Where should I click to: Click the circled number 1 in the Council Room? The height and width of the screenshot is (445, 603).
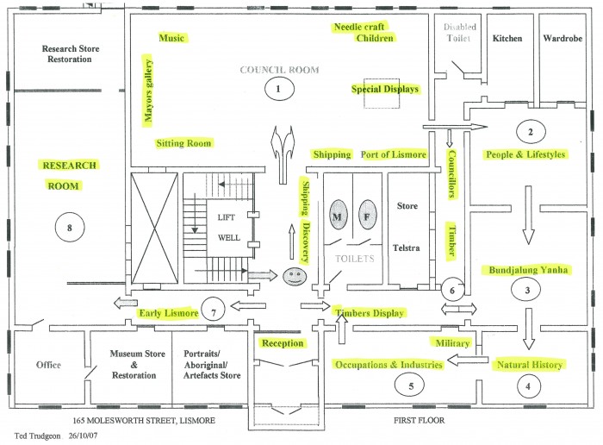coord(277,87)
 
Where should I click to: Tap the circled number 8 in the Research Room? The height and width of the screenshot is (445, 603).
coord(68,228)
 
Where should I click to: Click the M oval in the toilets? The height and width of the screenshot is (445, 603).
coord(338,217)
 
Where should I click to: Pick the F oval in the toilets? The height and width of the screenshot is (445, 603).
coord(366,217)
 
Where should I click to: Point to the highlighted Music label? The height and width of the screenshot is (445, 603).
coord(171,39)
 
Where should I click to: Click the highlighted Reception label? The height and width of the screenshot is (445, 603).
coord(283,343)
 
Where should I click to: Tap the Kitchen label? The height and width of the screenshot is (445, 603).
coord(507,39)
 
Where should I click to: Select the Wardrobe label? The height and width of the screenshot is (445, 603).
coord(563,39)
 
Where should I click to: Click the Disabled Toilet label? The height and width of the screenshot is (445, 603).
coord(460,33)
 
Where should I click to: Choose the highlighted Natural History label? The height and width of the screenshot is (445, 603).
coord(529,365)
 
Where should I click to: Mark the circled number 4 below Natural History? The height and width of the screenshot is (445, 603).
coord(528,387)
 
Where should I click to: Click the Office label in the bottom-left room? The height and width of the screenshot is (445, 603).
coord(48,365)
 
